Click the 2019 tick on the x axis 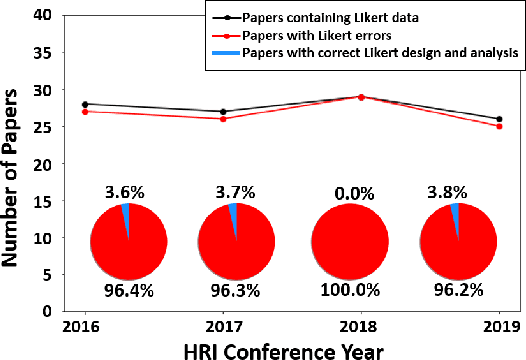[498, 325]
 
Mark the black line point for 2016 [85, 104]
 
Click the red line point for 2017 [222, 119]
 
